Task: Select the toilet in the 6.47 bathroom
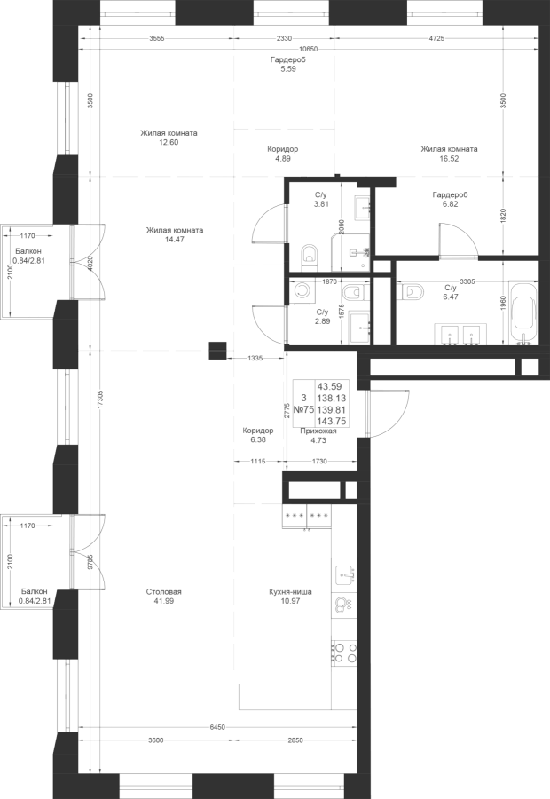coord(411,292)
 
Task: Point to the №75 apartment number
coord(302,409)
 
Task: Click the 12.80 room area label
coord(169,141)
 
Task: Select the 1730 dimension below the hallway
coord(320,461)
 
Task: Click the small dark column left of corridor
coord(216,351)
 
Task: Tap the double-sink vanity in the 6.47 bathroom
coord(460,334)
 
